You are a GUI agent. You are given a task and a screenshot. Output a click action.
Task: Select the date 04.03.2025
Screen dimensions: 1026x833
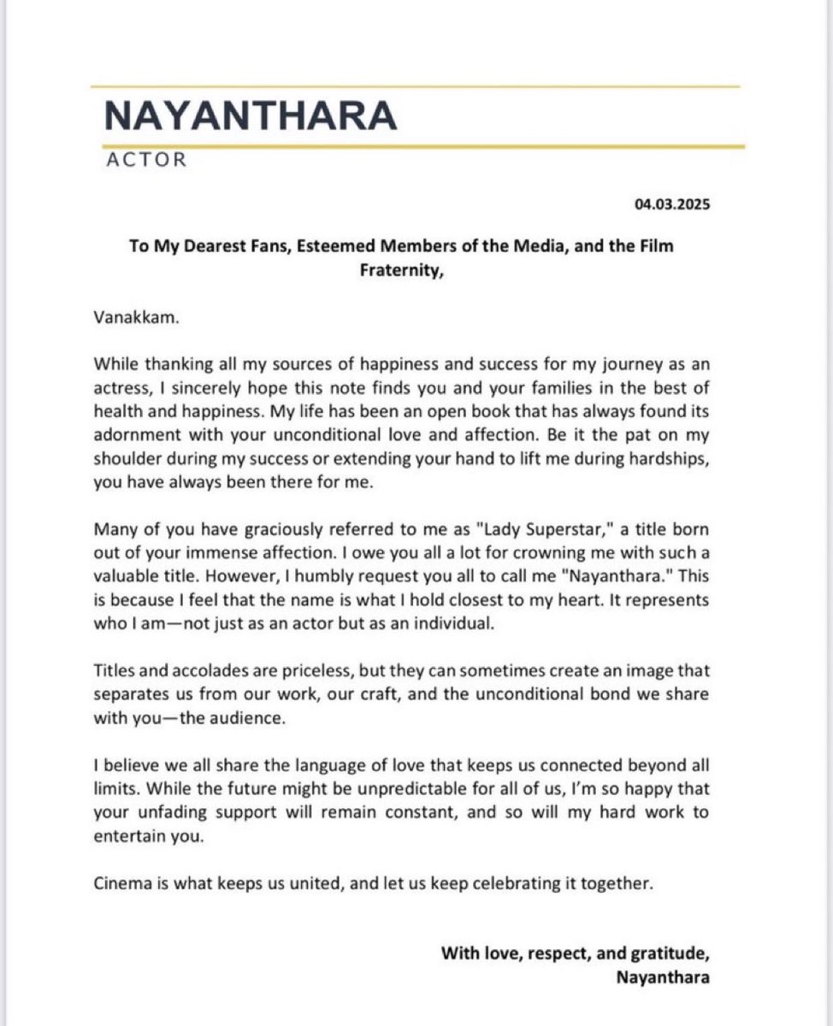[671, 205]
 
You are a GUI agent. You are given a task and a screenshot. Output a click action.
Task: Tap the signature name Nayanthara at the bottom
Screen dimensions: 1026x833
[662, 979]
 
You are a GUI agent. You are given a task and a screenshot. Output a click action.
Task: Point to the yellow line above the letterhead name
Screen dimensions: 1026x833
[416, 86]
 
